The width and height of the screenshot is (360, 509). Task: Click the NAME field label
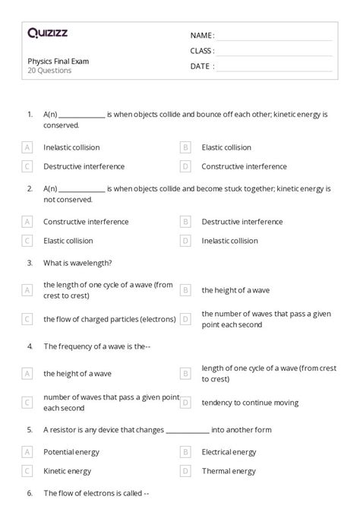[202, 36]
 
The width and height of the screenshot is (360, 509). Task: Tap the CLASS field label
[202, 51]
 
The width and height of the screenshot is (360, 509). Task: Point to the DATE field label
[201, 66]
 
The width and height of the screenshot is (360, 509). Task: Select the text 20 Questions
[49, 71]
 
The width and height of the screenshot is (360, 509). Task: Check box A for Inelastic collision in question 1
[27, 147]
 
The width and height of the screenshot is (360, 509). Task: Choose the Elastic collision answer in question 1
[226, 147]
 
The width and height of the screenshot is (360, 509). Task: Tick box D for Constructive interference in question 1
[185, 166]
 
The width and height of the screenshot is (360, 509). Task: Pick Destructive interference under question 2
[242, 222]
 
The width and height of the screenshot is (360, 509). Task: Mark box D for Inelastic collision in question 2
[185, 241]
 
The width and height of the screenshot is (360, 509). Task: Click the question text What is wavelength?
[77, 263]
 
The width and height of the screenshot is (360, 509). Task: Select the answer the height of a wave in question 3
[235, 289]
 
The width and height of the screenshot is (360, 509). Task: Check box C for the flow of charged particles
[27, 319]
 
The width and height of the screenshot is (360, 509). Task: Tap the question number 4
[30, 346]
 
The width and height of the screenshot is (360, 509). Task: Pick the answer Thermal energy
[229, 471]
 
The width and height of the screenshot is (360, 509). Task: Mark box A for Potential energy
[27, 452]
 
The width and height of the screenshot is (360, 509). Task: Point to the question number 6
[30, 493]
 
